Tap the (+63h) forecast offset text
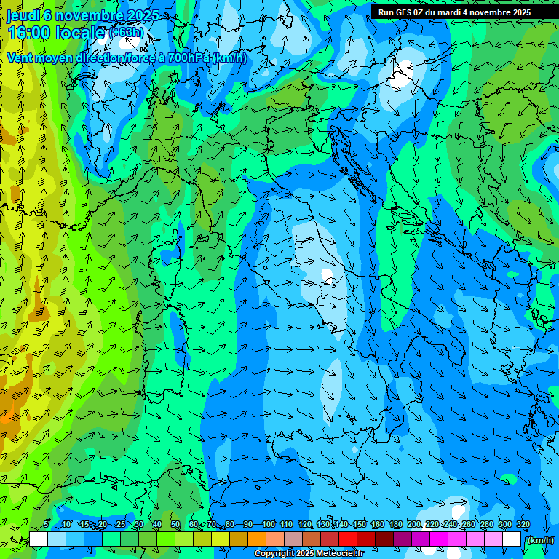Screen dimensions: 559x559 (x=127, y=33)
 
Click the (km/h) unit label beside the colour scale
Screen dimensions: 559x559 (x=539, y=540)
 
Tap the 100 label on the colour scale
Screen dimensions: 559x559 (x=269, y=525)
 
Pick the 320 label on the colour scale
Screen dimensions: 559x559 (x=523, y=525)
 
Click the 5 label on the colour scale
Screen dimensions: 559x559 (x=46, y=525)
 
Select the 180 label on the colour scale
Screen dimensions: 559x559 (x=395, y=525)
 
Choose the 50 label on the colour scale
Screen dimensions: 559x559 (x=175, y=525)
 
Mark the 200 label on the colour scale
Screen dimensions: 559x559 (x=414, y=525)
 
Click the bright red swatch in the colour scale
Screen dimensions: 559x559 (x=348, y=539)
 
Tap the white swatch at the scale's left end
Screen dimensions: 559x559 (x=39, y=539)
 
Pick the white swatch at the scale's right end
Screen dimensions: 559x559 (x=512, y=539)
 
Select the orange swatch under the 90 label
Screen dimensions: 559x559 (x=257, y=539)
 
